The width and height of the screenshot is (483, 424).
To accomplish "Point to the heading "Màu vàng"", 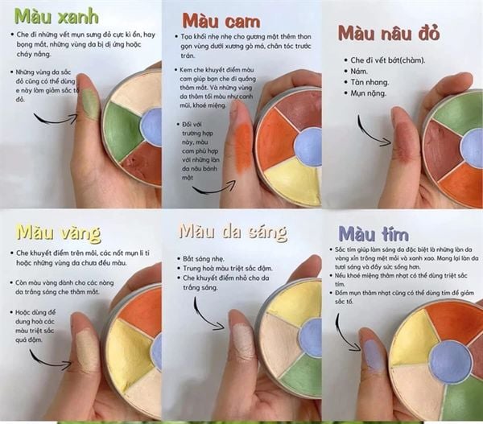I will click(58, 234).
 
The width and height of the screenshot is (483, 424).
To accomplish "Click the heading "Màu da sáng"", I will click(233, 232).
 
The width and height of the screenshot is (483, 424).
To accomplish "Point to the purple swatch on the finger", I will click(372, 353).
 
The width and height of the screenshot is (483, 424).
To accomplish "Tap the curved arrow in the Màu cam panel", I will click(213, 188).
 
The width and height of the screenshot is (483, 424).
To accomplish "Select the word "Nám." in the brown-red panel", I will click(363, 71).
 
